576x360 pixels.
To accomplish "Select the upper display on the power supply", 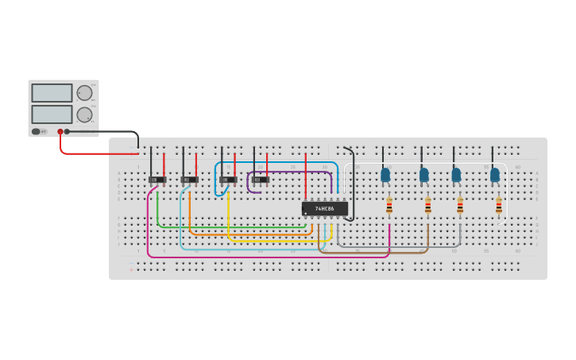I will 52,93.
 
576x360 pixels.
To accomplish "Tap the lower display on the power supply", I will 52,114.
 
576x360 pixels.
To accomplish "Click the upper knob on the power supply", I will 84,92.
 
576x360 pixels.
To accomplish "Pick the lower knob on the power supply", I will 84,114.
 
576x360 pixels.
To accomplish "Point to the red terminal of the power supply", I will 60,132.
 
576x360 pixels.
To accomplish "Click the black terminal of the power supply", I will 67,132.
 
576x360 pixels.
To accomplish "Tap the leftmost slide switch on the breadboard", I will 157,180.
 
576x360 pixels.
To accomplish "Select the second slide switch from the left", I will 189,180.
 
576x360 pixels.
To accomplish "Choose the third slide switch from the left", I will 228,180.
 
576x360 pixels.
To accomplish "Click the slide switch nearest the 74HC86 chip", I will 261,180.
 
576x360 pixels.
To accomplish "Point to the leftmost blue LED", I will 385,174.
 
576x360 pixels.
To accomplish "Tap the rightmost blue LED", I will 495,174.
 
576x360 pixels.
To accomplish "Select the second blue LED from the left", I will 424,174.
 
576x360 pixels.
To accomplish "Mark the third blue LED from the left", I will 456,174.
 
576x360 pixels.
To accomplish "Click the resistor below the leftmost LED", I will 389,206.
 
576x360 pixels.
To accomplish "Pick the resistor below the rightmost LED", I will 499,206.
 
